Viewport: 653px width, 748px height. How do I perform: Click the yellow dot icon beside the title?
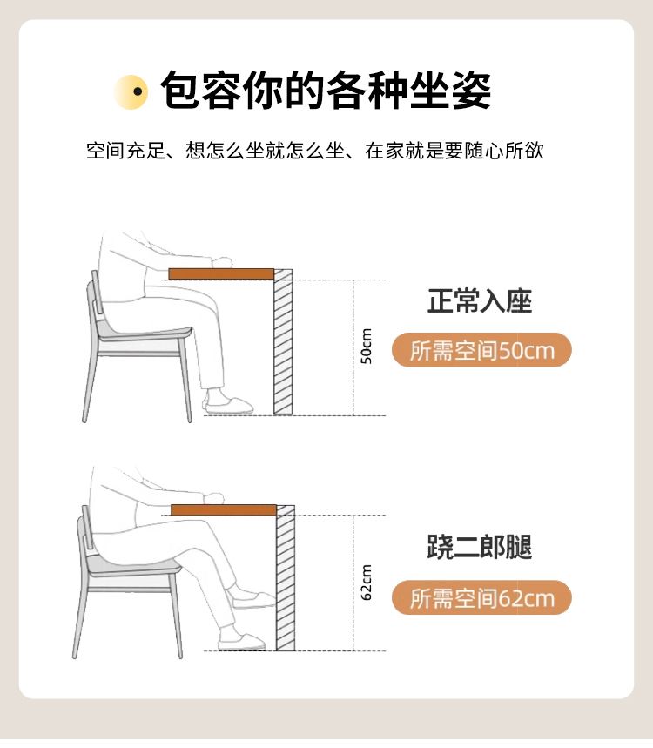[x=131, y=92]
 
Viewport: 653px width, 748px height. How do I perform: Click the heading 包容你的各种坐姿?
[x=326, y=91]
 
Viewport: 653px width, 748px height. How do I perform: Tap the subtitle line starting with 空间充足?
[x=315, y=151]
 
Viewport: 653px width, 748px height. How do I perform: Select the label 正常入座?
[x=480, y=301]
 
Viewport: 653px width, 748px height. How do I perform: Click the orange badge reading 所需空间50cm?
[x=481, y=350]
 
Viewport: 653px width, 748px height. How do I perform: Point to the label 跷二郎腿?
[x=480, y=547]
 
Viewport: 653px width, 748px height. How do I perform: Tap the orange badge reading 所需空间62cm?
[x=481, y=597]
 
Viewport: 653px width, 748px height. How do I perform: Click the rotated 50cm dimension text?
[x=366, y=347]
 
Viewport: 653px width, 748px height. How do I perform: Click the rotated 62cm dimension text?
[x=366, y=583]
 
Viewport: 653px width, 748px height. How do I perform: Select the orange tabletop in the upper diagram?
[x=221, y=273]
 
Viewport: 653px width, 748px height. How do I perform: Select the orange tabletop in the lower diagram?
[x=224, y=510]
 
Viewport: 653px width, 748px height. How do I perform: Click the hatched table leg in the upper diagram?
[x=283, y=341]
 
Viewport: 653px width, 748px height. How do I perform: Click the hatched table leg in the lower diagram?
[x=286, y=577]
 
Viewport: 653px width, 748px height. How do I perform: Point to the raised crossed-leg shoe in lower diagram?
[x=252, y=599]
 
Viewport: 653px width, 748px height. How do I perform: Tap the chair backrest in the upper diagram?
[x=97, y=292]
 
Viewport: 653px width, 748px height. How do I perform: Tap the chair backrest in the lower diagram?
[x=87, y=528]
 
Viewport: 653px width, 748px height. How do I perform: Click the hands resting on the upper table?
[x=222, y=262]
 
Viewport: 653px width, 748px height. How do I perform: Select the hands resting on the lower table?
[x=213, y=497]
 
